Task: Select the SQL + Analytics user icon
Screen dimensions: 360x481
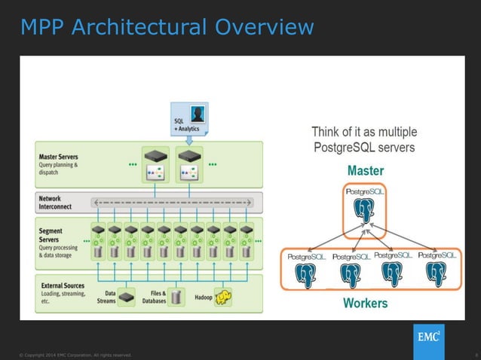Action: [198, 114]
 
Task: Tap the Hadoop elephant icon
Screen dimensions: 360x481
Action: [222, 298]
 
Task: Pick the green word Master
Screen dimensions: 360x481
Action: [365, 171]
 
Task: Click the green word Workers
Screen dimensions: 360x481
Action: [365, 304]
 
